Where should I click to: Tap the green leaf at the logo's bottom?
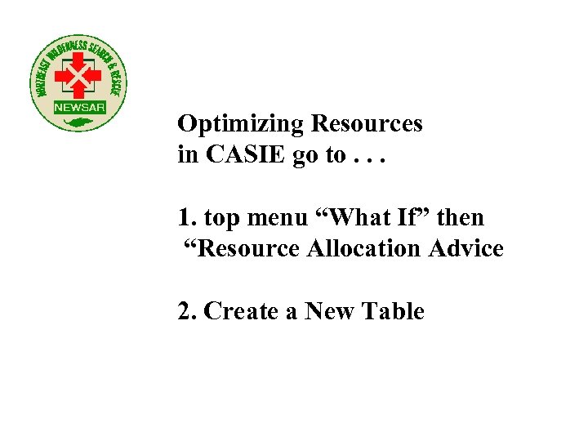point(79,122)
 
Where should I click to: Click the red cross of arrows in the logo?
point(78,78)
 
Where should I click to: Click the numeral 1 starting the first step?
point(184,218)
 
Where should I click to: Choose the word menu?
point(276,218)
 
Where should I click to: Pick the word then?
point(461,218)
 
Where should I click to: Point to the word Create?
point(242,311)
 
